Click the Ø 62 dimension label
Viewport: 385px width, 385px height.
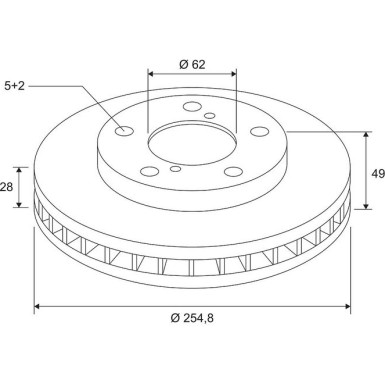click(192, 64)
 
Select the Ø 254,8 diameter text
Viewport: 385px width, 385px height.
click(192, 318)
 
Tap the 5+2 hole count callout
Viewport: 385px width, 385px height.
click(14, 86)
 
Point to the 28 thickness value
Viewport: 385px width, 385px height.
click(6, 187)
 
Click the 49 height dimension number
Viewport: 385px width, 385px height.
click(378, 174)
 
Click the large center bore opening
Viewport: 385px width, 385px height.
click(193, 144)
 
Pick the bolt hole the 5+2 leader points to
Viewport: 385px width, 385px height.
click(124, 131)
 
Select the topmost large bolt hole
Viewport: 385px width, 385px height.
click(192, 107)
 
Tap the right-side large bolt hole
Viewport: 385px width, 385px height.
click(259, 131)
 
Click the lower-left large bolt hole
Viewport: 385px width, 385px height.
click(149, 171)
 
